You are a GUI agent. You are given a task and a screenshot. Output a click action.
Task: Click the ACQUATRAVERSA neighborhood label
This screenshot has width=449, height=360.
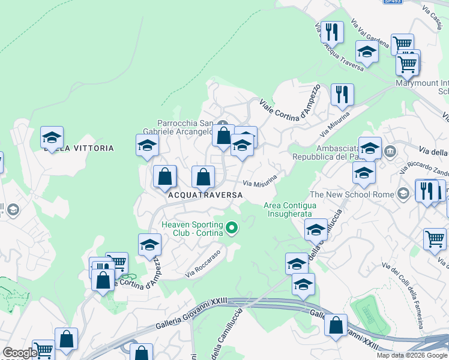pyautogui.click(x=205, y=195)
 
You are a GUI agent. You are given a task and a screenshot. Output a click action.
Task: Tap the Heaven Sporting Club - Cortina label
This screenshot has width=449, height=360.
pyautogui.click(x=192, y=229)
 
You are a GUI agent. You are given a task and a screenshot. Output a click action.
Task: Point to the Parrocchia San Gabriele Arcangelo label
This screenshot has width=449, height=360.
pyautogui.click(x=185, y=127)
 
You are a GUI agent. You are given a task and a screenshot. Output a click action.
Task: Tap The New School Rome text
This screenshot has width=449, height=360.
pyautogui.click(x=351, y=194)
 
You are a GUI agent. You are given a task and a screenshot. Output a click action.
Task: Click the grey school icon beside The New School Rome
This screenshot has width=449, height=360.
pyautogui.click(x=404, y=194)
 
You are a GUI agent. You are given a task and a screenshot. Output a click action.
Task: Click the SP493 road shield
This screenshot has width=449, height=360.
pyautogui.click(x=393, y=2)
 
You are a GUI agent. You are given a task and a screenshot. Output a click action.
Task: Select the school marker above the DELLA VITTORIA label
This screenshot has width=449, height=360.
pyautogui.click(x=52, y=137)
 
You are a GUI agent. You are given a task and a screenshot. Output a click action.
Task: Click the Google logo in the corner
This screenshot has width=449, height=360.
pyautogui.click(x=20, y=353)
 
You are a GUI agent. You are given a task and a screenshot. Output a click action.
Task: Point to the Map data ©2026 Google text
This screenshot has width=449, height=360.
pyautogui.click(x=412, y=355)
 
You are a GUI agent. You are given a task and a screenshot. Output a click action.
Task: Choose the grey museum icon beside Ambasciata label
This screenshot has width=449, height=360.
pyautogui.click(x=391, y=150)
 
